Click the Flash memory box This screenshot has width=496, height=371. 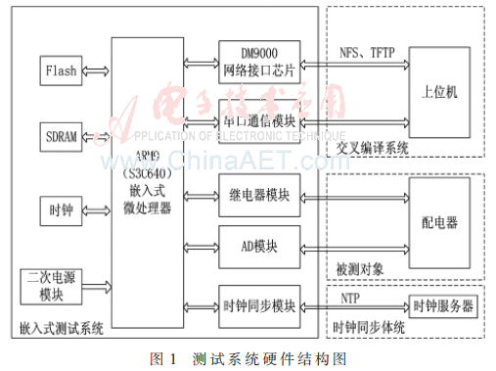click(x=61, y=70)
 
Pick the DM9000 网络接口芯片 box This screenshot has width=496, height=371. click(x=259, y=60)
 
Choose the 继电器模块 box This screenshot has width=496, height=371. click(x=259, y=195)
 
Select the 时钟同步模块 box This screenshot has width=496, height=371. click(x=259, y=306)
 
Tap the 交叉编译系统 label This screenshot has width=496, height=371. click(x=372, y=148)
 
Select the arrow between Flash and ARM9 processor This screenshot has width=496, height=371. click(x=96, y=70)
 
